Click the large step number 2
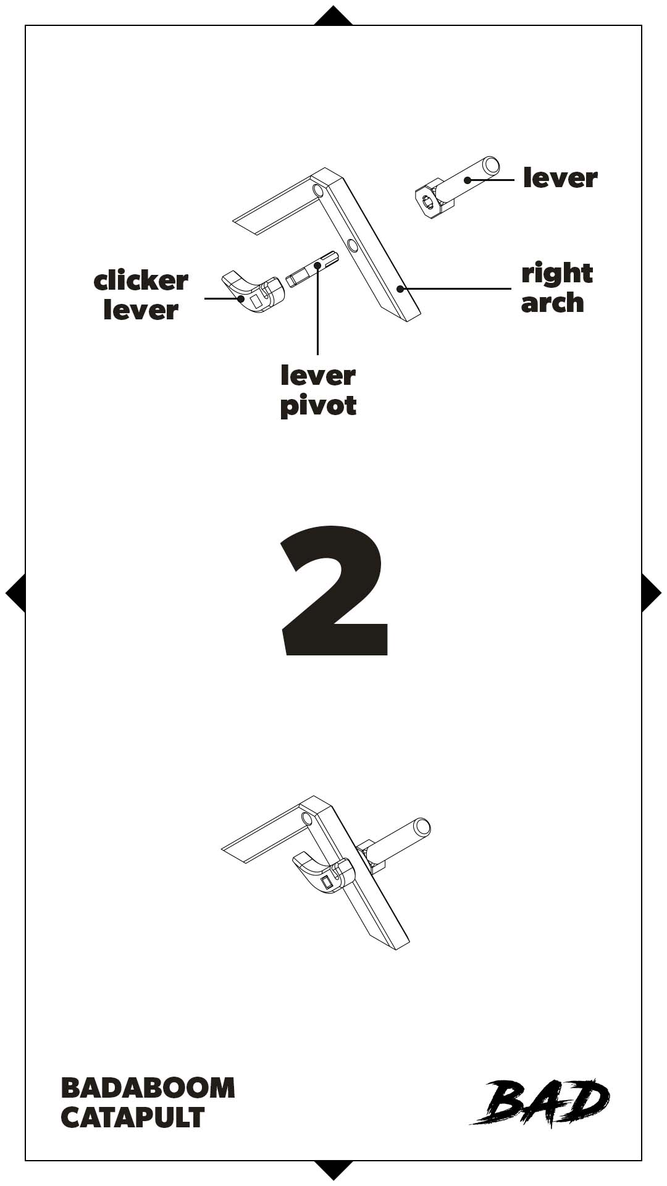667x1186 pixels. click(334, 590)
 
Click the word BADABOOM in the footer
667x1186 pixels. click(148, 1088)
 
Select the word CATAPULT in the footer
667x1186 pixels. click(133, 1117)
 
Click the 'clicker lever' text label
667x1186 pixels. click(141, 295)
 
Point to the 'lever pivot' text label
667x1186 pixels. click(318, 391)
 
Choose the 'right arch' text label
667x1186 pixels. click(556, 288)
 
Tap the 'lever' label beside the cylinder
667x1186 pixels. click(560, 178)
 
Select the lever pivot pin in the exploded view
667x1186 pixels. click(313, 269)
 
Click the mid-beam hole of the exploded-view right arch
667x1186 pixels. click(353, 245)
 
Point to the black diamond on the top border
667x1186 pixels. click(333, 16)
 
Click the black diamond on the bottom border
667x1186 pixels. click(333, 1170)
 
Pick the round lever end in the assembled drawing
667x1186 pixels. click(422, 827)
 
